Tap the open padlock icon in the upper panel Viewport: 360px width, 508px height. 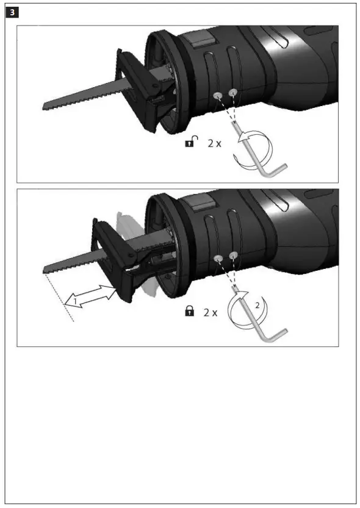(192, 143)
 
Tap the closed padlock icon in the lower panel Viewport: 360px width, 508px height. (190, 312)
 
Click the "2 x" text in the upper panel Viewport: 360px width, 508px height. (214, 143)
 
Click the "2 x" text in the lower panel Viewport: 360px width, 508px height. (211, 312)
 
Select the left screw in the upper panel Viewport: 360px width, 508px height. (218, 96)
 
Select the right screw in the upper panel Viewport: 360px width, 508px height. (232, 92)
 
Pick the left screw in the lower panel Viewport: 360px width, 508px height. (218, 259)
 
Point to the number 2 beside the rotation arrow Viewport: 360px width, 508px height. (258, 305)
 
